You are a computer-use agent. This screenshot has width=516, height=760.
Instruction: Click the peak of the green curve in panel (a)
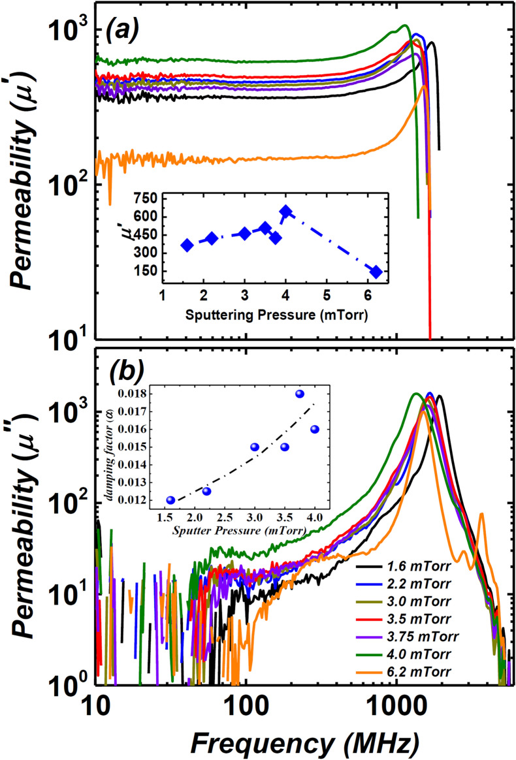[x=405, y=26]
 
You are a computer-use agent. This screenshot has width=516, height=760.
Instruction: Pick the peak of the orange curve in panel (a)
[x=424, y=86]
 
